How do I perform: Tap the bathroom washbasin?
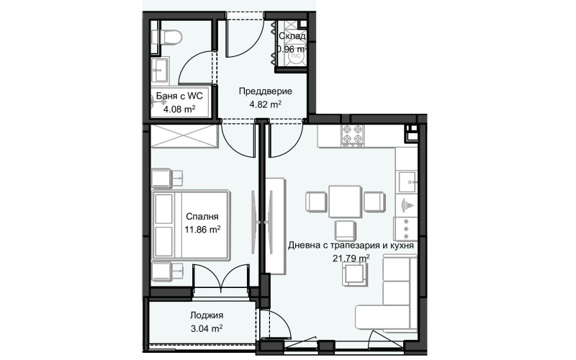tap(160, 71)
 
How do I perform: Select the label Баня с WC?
tap(179, 96)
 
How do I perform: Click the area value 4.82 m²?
tap(264, 104)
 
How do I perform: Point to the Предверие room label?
tap(264, 91)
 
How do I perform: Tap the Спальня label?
tap(202, 216)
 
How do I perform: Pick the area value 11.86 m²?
tap(202, 229)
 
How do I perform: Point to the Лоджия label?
tap(206, 315)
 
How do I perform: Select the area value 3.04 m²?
tap(206, 328)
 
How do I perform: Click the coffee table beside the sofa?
tap(353, 274)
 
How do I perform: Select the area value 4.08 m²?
tap(179, 109)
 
